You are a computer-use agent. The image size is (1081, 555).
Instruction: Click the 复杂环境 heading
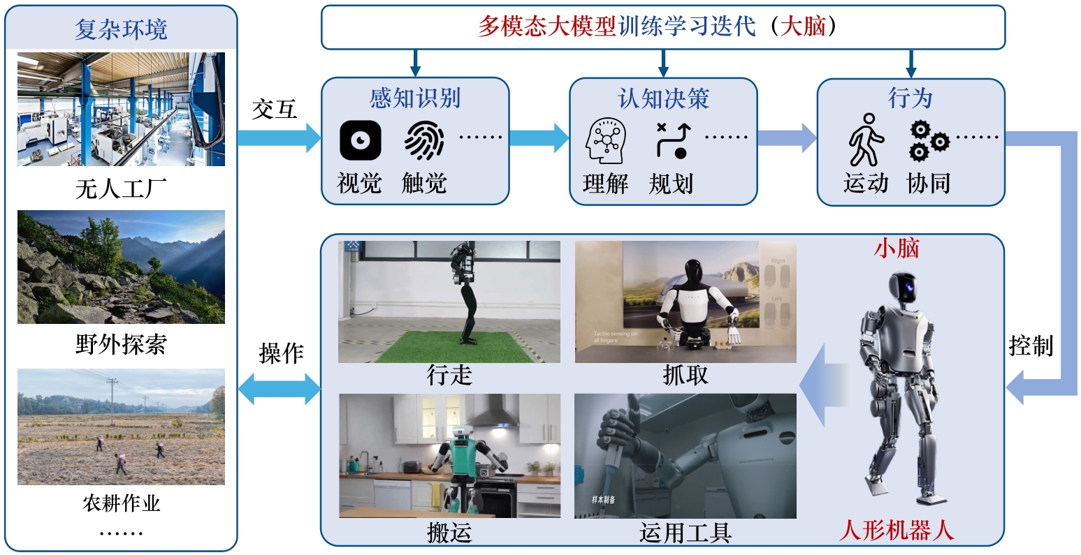(x=121, y=30)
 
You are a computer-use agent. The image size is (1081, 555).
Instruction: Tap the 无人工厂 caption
(x=121, y=188)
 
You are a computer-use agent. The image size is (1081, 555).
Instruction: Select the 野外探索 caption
(x=121, y=344)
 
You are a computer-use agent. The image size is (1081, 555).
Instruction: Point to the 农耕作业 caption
(x=121, y=503)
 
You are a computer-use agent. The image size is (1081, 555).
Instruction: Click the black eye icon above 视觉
(x=360, y=140)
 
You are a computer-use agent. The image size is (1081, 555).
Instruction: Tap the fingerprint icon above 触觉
(x=423, y=140)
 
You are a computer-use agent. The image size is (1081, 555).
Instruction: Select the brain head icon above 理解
(x=605, y=141)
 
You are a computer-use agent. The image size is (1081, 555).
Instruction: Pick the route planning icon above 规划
(x=672, y=140)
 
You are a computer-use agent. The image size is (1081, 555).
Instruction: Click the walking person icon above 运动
(x=866, y=140)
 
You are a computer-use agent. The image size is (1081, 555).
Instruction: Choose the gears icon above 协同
(x=929, y=140)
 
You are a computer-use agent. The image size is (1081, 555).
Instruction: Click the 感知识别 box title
(x=415, y=98)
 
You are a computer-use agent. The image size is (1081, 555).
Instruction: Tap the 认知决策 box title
(x=663, y=98)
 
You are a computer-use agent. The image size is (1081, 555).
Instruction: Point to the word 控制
(x=1031, y=346)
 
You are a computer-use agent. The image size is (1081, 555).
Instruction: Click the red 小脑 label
(x=897, y=249)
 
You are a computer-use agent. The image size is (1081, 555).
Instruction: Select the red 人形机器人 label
(x=897, y=530)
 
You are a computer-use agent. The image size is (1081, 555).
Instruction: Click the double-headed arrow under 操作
(x=280, y=388)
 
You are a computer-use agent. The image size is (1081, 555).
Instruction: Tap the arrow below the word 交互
(x=280, y=137)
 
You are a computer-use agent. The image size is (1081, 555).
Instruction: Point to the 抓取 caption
(x=685, y=376)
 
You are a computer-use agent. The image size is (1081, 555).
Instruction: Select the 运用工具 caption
(x=685, y=533)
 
